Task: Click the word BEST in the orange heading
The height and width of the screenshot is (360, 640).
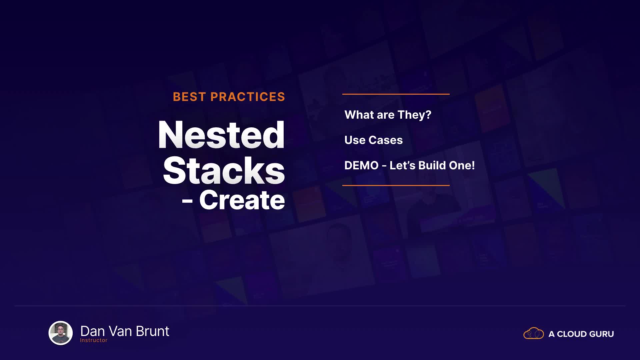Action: (x=189, y=97)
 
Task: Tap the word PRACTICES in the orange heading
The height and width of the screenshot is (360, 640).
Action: (x=248, y=97)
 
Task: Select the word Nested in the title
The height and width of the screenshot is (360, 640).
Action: (x=221, y=135)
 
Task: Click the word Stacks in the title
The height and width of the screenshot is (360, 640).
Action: (x=224, y=170)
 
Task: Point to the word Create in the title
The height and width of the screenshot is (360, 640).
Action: (x=242, y=200)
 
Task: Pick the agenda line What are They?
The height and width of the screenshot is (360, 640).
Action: (x=388, y=115)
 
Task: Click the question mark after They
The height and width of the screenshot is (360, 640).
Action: (x=428, y=114)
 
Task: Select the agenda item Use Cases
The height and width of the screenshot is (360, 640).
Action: (x=373, y=140)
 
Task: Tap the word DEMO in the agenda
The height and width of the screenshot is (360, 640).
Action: (x=361, y=165)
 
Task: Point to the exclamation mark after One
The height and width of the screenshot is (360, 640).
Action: (x=473, y=165)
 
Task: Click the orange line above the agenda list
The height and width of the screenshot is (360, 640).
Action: (x=396, y=94)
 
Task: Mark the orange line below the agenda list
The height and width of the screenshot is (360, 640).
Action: (x=396, y=185)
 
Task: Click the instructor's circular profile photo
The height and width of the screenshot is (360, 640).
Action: (x=61, y=333)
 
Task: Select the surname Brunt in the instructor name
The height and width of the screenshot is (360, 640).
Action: (x=153, y=331)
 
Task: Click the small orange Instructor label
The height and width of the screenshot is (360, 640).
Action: (x=94, y=340)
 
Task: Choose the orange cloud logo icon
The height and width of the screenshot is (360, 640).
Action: (x=534, y=333)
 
